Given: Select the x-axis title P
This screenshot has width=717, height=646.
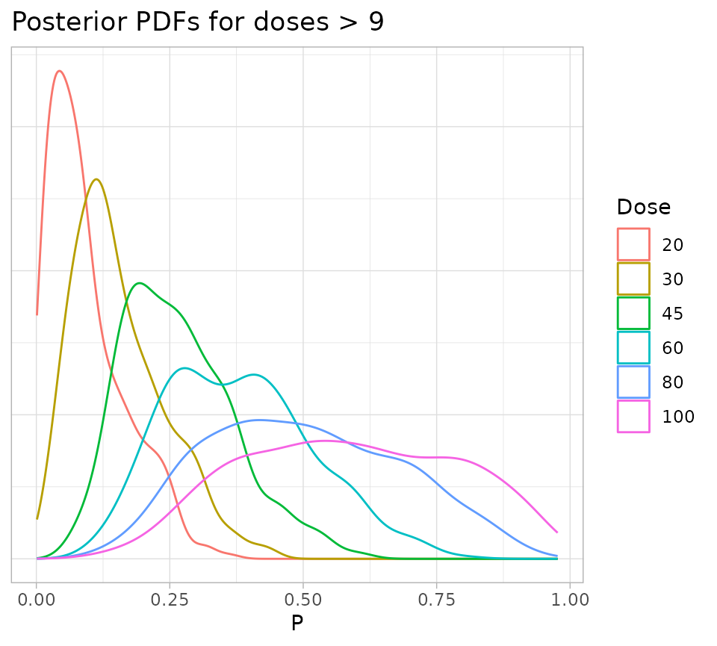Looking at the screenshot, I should pos(297,623).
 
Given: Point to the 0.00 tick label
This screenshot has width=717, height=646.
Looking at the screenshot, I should pos(37,599).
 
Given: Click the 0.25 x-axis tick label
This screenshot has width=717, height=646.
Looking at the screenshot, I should pos(170,599).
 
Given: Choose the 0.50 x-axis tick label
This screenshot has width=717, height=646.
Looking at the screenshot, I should pos(302,599).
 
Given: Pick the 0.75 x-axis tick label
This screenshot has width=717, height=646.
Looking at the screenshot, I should pos(436,599).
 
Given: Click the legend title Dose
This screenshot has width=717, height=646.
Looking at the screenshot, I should pos(643,207).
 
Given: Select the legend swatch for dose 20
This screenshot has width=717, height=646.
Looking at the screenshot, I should pos(633,244).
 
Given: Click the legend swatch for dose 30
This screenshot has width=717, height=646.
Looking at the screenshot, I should pos(633,279).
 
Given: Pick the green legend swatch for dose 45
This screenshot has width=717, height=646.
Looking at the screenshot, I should pos(633,313).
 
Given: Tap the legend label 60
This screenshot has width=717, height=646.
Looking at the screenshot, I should pos(673,347).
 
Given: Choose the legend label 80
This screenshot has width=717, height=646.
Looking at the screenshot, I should pos(673,382).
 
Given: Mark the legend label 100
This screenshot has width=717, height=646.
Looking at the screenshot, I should pos(678,416).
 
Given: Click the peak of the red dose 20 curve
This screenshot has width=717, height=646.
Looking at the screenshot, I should pos(59,71).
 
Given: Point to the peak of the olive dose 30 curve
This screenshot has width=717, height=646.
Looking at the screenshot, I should pos(96,179).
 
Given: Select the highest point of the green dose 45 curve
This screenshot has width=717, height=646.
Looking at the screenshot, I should pos(140,283).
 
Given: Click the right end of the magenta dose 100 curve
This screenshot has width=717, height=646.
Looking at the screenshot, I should pos(557,532).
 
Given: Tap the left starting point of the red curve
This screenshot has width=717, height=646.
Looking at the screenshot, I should pos(37,314).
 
